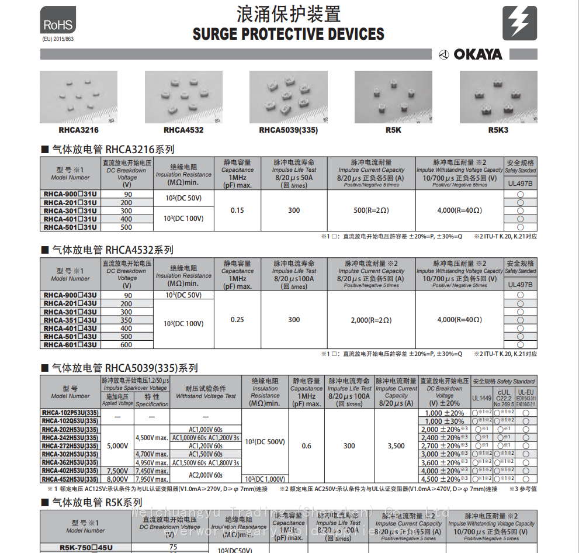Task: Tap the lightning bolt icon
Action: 519,23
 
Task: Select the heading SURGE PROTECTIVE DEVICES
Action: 289,34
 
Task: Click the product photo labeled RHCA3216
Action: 78,96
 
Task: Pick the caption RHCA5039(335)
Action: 289,130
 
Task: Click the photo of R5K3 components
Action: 498,96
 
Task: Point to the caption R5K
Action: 393,130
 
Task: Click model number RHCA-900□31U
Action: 70,194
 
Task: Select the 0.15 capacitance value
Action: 237,210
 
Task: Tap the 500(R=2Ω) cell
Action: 371,210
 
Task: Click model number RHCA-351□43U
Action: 70,320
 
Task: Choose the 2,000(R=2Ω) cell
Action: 371,320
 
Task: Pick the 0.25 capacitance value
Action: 237,320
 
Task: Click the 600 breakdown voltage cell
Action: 126,345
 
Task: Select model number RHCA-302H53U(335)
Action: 70,454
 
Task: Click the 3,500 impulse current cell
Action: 396,446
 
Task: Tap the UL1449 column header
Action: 482,398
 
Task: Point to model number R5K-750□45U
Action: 85,548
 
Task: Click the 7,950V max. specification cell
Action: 151,479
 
